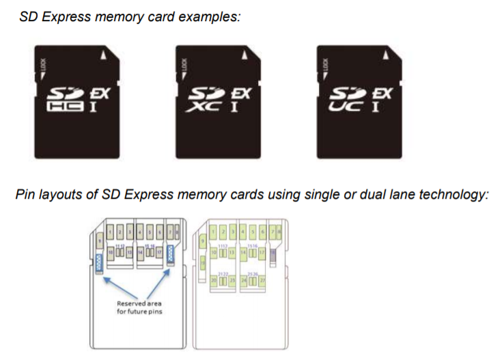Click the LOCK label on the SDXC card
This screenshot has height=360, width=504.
pos(184,66)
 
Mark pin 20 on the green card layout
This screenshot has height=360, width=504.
pos(213,280)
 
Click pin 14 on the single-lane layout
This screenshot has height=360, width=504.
pos(140,253)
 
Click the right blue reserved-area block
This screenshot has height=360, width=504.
pos(169,254)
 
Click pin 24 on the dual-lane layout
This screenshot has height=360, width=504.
pos(243,280)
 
